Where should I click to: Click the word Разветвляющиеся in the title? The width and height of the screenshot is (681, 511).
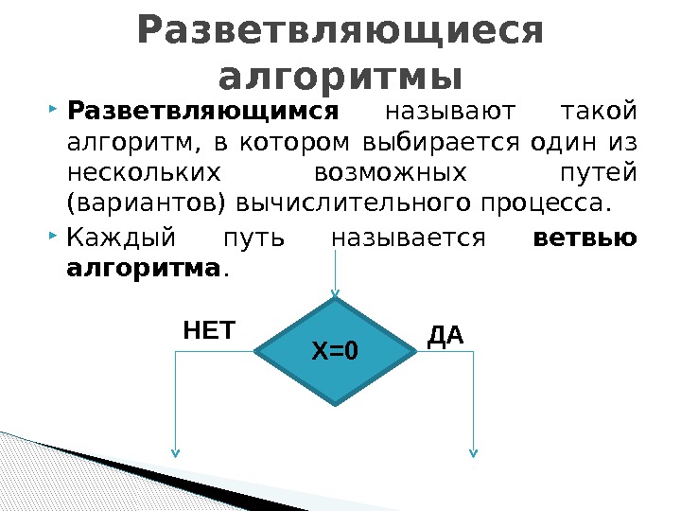[x=340, y=30]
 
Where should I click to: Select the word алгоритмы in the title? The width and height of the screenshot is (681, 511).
[x=340, y=76]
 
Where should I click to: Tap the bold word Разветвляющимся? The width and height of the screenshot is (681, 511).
[x=203, y=114]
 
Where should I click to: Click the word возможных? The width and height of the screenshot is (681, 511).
[x=389, y=174]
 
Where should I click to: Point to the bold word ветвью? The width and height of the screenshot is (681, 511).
[x=585, y=238]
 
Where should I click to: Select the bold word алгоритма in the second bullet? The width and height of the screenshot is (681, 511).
[x=145, y=268]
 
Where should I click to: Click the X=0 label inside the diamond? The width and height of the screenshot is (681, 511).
[x=336, y=352]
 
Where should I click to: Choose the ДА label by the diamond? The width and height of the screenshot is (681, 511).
[x=445, y=336]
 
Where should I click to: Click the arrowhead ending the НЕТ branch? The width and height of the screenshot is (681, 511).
[x=175, y=452]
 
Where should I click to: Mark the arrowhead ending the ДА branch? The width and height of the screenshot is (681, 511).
[x=474, y=452]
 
